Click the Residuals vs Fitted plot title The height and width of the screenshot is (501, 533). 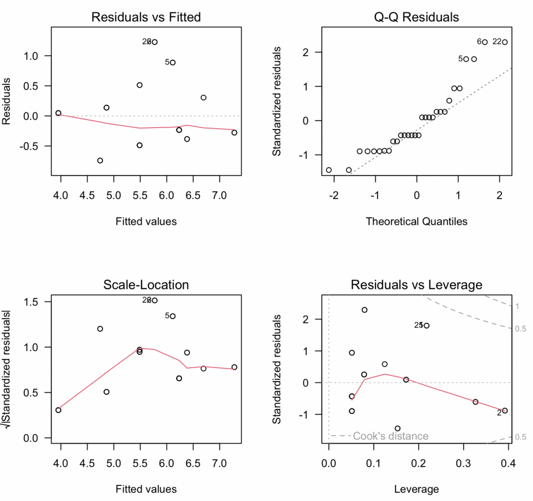pos(146,17)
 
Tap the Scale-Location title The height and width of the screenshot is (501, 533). pos(146,284)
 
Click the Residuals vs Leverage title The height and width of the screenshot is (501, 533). pos(416,284)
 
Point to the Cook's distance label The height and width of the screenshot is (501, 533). pos(390,436)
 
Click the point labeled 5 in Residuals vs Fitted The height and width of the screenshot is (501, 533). pos(173,62)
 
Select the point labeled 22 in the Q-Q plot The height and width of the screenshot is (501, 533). pos(504,42)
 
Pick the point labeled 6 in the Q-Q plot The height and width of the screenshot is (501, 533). pos(485,42)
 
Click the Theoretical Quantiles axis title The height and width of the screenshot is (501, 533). pos(416,221)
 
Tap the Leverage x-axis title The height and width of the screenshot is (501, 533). pos(416,489)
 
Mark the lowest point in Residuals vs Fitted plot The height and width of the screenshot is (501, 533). pos(100,160)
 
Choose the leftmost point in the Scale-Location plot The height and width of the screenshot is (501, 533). pos(58,410)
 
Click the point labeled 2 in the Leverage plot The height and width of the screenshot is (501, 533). pos(504,410)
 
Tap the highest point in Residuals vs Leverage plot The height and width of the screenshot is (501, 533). pos(364,310)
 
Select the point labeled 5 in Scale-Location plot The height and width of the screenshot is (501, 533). pos(173,316)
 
